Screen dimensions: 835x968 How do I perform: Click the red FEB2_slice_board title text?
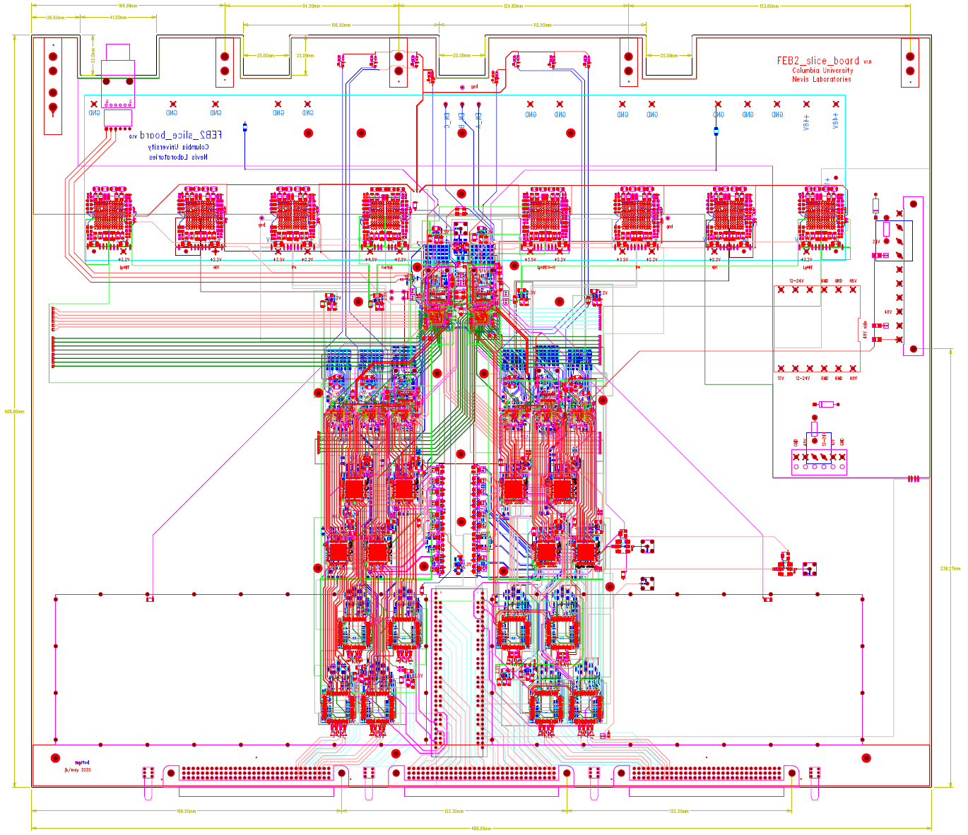(818, 61)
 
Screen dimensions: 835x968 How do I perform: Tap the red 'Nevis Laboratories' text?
(821, 79)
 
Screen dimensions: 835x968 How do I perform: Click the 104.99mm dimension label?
(128, 6)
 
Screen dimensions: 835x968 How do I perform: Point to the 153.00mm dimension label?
(769, 6)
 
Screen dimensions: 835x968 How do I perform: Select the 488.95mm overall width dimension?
(481, 829)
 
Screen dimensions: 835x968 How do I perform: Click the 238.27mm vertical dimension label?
(950, 568)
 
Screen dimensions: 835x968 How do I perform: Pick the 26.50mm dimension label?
(56, 17)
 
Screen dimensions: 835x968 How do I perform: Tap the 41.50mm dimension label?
(118, 17)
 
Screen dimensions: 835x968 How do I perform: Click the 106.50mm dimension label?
(341, 25)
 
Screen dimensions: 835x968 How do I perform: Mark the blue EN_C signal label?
(447, 120)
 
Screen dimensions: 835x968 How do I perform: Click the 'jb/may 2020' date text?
(78, 770)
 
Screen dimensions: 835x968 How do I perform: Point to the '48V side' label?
(865, 330)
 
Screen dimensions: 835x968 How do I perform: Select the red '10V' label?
(781, 379)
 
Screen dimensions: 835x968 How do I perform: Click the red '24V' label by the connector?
(876, 242)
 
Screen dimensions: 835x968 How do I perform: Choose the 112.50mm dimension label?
(542, 25)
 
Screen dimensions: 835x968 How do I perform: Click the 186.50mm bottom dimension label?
(186, 811)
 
